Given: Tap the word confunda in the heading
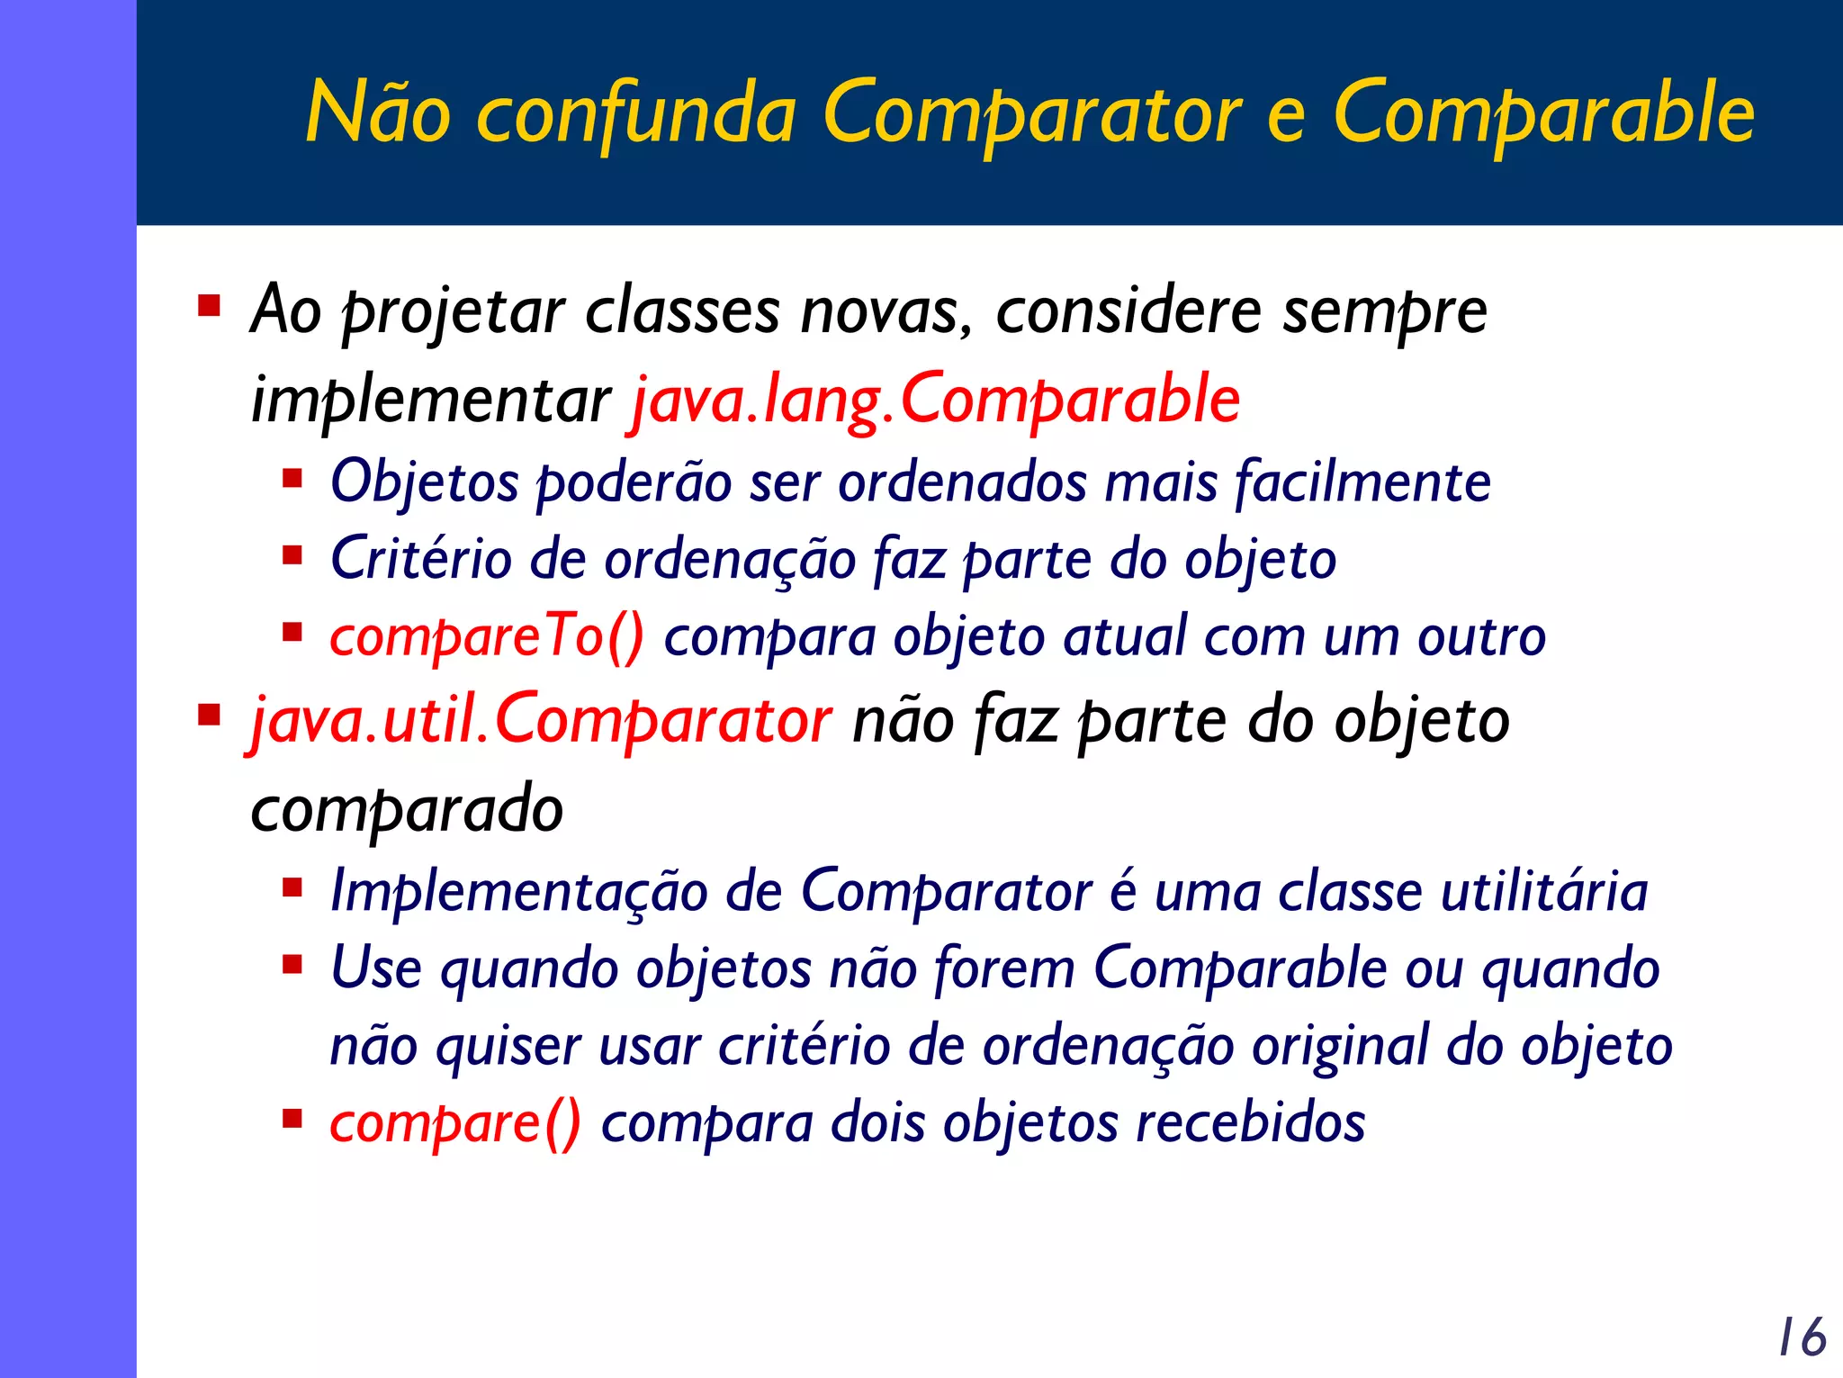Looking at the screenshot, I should tap(635, 114).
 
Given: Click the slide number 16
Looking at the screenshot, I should tap(1802, 1337).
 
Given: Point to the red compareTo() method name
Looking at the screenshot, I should tap(487, 637).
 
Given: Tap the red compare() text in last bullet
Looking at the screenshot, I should tap(455, 1123).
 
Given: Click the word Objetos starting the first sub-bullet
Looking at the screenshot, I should tap(424, 482).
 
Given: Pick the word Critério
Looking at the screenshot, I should tap(421, 559).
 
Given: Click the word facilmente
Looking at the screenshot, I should tap(1362, 482).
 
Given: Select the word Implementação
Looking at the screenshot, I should tap(518, 892).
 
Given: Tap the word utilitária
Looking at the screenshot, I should tap(1544, 891).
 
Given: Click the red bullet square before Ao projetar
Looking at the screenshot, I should tap(209, 307).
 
